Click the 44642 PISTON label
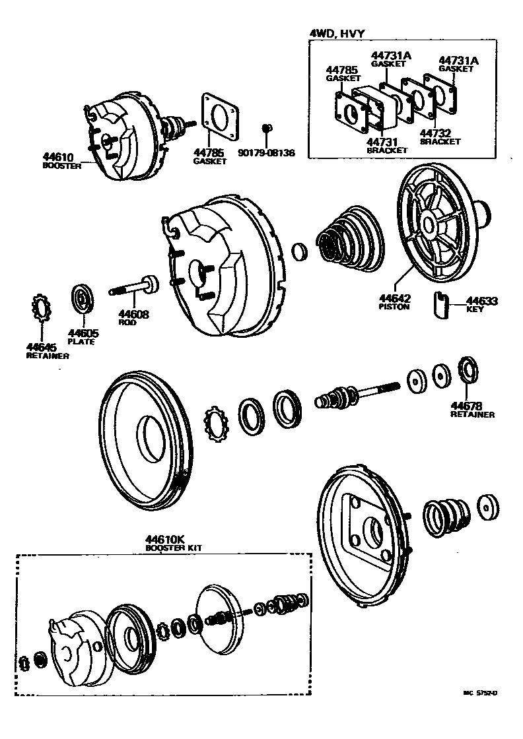coord(394,299)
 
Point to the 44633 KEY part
coord(441,304)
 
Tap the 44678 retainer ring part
coord(468,369)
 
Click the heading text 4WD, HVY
coord(338,32)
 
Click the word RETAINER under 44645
coord(48,356)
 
